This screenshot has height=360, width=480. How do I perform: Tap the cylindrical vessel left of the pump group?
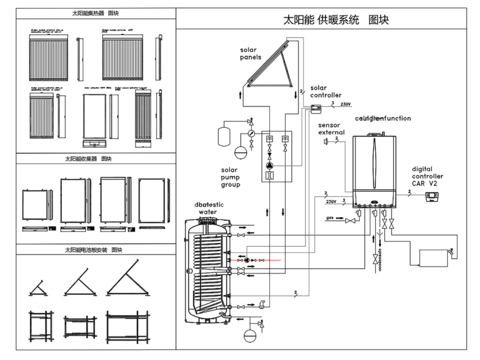239,152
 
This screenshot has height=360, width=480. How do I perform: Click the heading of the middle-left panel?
87,158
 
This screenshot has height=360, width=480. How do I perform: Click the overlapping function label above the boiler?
378,118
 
